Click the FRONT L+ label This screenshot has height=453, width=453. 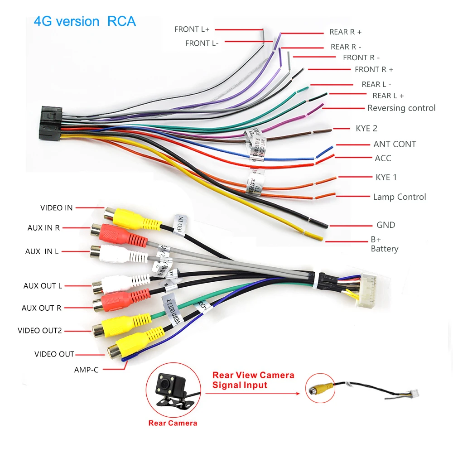coord(192,29)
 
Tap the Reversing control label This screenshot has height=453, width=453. coord(401,108)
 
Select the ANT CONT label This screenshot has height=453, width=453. coord(395,144)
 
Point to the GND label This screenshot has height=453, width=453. coord(386,225)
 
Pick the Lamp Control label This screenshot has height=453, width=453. coord(399,197)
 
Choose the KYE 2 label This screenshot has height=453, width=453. coord(366,128)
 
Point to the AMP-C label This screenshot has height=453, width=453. coord(86,370)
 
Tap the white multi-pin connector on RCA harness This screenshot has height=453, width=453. coord(370,290)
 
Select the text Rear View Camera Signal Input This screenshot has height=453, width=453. coord(253,380)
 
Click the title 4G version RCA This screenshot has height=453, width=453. coord(85,21)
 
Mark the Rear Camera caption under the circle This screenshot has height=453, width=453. coord(173,423)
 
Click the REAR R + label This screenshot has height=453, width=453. coord(345,32)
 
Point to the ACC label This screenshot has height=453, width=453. coord(383,158)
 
